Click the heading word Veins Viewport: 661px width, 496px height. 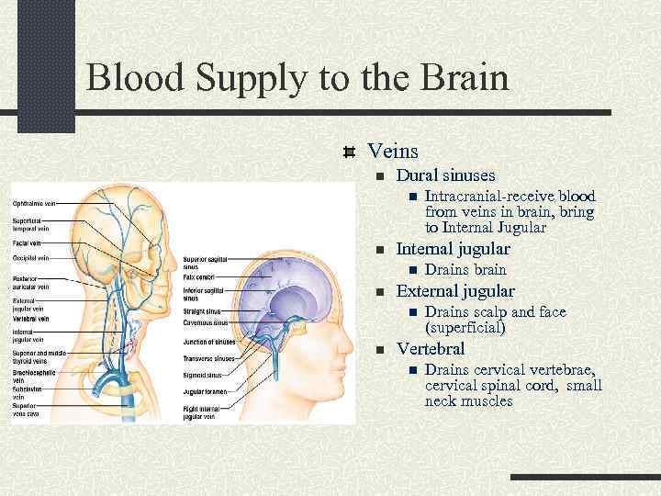392,150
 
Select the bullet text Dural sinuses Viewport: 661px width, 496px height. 445,175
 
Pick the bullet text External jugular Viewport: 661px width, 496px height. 454,292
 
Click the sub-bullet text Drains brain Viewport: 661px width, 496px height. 465,270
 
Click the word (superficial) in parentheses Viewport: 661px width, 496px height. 465,327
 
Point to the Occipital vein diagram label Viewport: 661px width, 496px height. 31,259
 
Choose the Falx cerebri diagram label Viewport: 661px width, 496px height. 200,276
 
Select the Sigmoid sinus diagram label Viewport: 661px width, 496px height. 203,375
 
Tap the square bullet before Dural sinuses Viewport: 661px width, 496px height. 376,175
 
